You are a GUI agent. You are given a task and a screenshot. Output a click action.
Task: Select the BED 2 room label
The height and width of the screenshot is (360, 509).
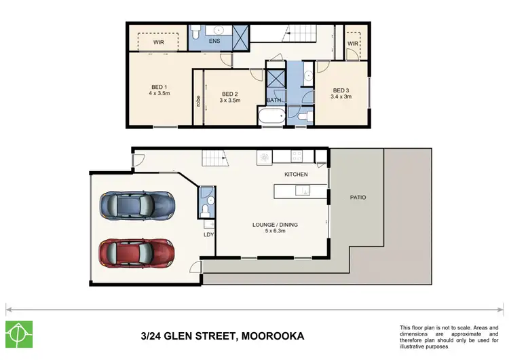point(229,94)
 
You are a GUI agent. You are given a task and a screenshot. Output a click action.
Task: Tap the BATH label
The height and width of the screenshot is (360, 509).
point(274,101)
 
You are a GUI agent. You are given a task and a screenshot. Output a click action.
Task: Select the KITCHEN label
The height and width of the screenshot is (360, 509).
point(296,175)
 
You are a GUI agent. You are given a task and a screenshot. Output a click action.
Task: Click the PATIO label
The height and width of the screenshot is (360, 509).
point(358,198)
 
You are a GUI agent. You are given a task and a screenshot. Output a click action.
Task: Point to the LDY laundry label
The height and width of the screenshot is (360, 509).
point(209,235)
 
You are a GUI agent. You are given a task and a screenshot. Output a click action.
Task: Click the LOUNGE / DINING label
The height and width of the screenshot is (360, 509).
point(275,225)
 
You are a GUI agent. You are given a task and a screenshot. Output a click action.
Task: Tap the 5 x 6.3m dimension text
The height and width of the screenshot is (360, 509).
point(275,232)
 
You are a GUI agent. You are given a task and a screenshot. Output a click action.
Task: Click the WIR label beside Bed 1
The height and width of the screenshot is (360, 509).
point(158,41)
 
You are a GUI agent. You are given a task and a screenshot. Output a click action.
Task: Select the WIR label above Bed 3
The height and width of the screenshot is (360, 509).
point(353,43)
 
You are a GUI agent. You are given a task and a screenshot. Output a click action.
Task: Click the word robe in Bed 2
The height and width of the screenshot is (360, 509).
point(198,101)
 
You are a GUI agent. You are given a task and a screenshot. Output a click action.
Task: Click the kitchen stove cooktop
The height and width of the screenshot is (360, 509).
point(297,157)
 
